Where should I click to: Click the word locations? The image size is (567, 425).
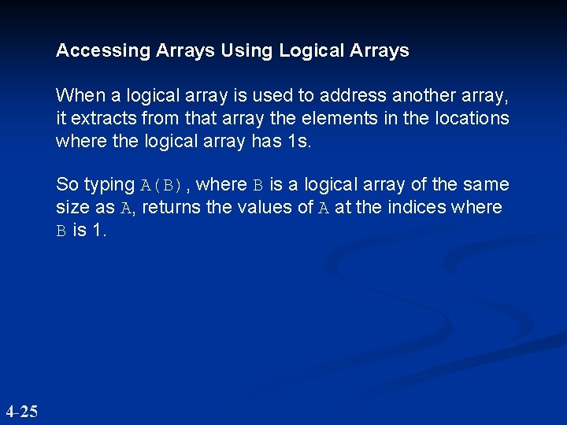tap(472, 119)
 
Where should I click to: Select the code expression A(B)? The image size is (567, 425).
tap(162, 186)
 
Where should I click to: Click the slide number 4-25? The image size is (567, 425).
tap(21, 411)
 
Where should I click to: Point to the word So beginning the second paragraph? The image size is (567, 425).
tap(67, 185)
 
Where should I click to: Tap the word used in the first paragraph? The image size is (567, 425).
tap(242, 96)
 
